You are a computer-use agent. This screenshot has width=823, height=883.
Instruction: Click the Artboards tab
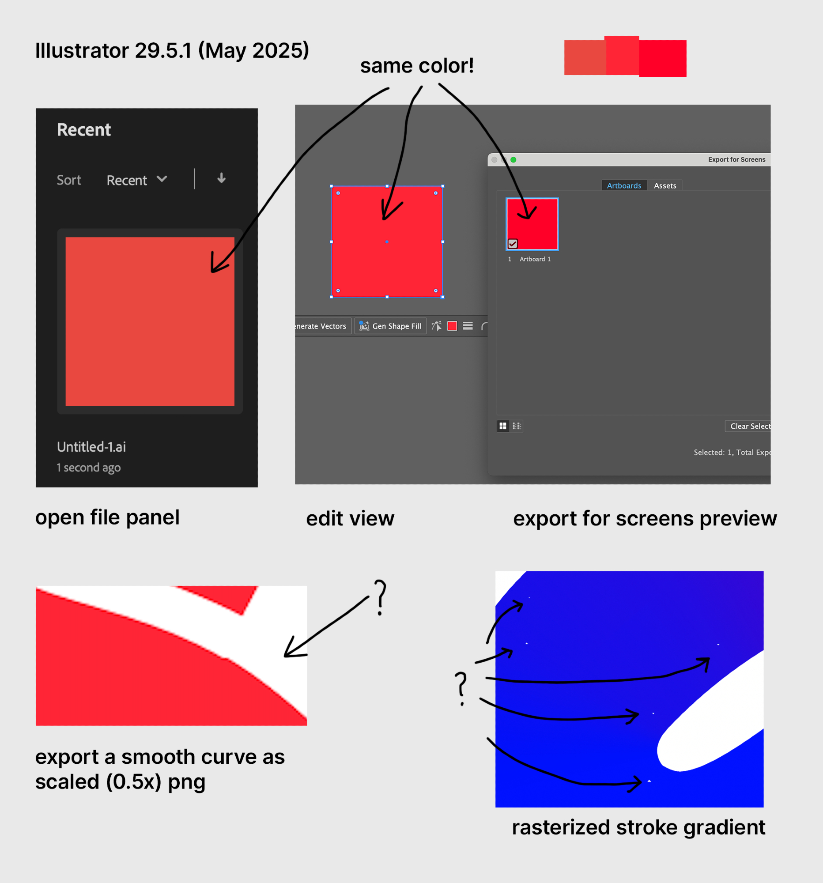click(624, 186)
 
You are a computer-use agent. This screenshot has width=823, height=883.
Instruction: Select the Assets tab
click(665, 186)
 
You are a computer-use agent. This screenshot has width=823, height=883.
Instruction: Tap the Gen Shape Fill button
click(390, 326)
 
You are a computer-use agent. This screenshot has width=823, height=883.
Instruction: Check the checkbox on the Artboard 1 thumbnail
click(513, 243)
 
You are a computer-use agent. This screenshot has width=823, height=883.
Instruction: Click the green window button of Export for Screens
click(513, 159)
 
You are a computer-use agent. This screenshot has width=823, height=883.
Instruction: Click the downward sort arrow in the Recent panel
click(221, 178)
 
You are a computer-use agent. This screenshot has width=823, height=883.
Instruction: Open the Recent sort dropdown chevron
click(162, 179)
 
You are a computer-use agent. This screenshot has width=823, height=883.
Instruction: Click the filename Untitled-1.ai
click(91, 447)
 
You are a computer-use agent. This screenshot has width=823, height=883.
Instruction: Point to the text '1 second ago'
click(89, 468)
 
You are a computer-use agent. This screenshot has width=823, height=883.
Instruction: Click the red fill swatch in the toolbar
click(452, 326)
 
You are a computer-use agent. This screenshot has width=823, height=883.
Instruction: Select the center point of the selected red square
click(387, 242)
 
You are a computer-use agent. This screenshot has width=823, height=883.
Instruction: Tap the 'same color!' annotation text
click(417, 66)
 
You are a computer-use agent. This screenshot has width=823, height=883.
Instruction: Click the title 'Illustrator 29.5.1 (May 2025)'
click(172, 51)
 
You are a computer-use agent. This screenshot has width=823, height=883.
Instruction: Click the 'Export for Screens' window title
click(737, 159)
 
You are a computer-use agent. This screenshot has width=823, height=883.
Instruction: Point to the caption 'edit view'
click(351, 518)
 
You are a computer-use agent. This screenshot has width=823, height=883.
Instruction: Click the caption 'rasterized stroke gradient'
click(639, 827)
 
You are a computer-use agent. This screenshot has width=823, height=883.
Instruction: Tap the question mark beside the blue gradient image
click(461, 688)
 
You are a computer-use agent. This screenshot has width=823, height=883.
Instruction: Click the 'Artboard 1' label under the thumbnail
click(535, 259)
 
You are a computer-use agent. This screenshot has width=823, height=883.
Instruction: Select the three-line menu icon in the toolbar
click(468, 326)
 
